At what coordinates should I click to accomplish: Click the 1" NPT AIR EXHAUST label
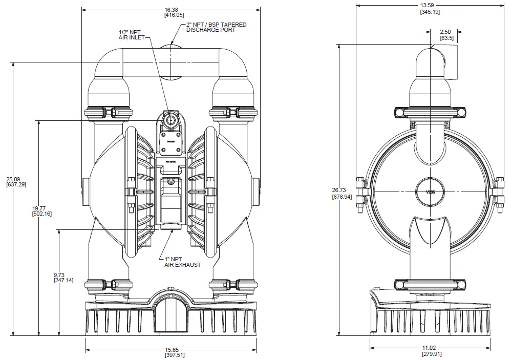coord(182,262)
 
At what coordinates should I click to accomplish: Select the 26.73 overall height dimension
coord(342,190)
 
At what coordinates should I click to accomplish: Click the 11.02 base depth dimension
coord(431,348)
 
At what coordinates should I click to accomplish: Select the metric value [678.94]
coord(342,197)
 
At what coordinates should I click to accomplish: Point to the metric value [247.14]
coord(63,281)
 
